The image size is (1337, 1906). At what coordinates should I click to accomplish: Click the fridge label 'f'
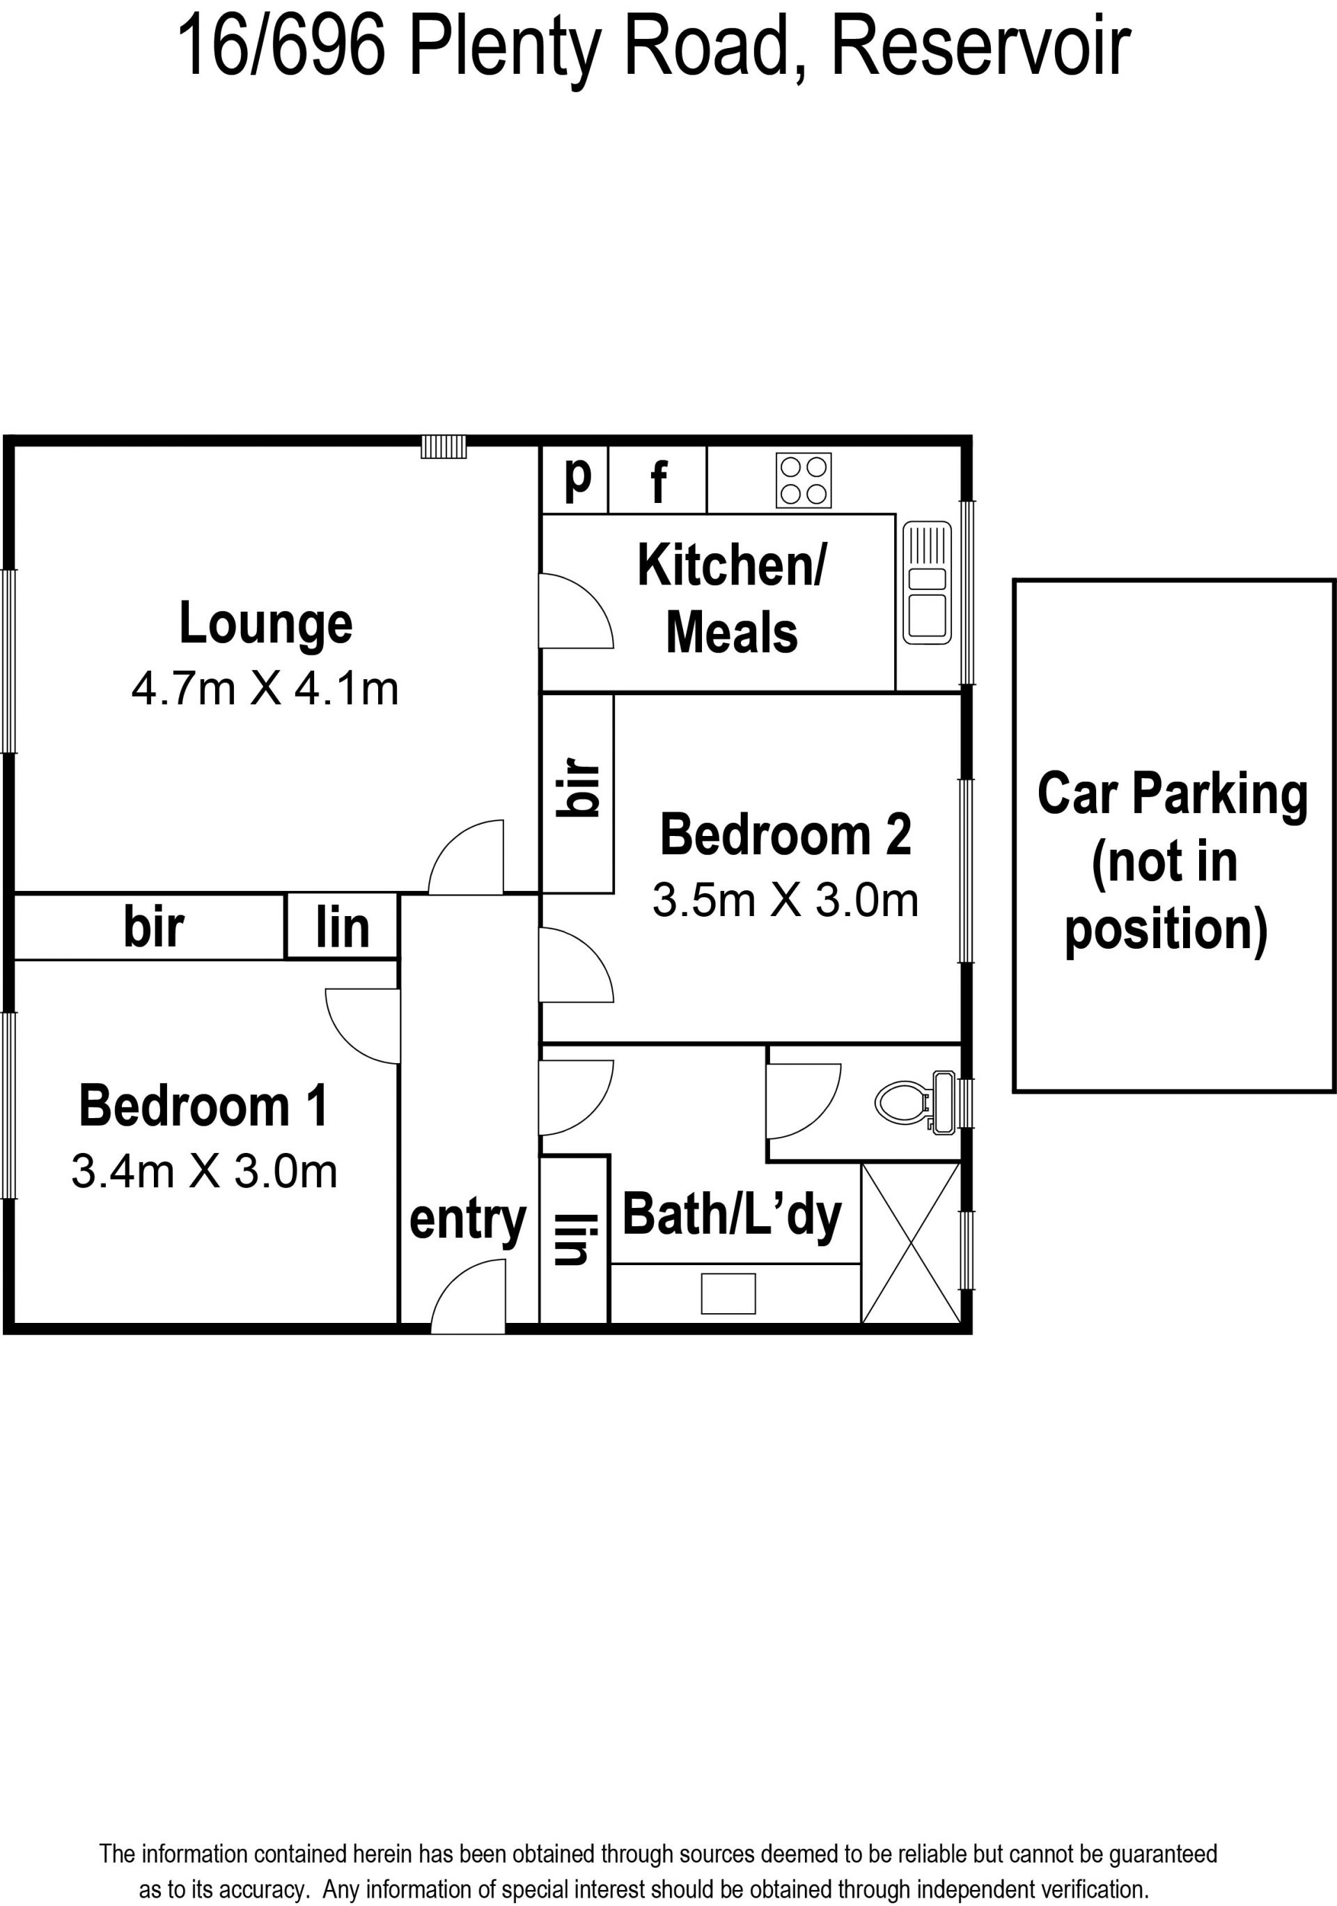(658, 481)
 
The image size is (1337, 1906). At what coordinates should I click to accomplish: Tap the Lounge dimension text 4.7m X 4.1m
(265, 689)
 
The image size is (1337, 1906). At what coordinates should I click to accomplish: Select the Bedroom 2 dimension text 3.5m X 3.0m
(785, 901)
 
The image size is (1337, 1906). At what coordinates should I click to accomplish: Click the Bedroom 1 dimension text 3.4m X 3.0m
(204, 1171)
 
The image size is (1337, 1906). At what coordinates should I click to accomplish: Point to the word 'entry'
(467, 1221)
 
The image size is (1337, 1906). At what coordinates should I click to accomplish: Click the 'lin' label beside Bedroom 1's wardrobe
(342, 927)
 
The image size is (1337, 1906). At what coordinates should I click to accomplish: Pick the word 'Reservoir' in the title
(980, 47)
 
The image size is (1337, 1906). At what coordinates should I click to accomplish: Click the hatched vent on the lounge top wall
(444, 447)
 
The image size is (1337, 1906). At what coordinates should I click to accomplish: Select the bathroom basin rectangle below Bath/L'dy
(728, 1294)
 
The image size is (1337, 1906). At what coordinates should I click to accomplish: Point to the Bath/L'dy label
(732, 1216)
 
